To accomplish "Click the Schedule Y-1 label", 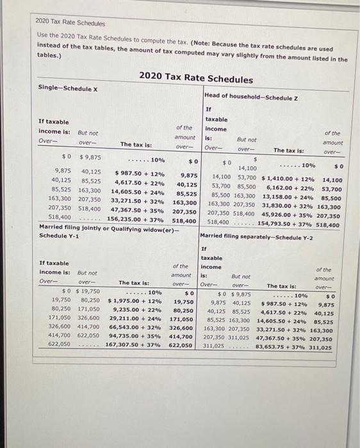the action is coord(59,235).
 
